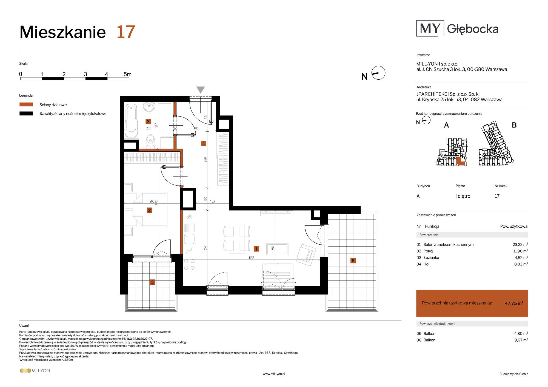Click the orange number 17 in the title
click(126, 32)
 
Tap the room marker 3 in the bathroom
click(148, 122)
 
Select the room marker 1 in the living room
click(256, 249)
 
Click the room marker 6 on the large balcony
click(353, 261)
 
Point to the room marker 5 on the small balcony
click(152, 282)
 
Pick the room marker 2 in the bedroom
click(149, 210)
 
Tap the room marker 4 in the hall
click(203, 143)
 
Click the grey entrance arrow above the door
click(201, 90)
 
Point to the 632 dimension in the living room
click(251, 258)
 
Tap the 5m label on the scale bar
click(127, 74)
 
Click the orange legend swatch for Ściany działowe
click(26, 105)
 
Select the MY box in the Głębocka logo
click(430, 28)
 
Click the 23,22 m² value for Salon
click(520, 244)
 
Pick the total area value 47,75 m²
click(514, 303)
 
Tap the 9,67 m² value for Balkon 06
click(521, 340)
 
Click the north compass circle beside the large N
click(378, 73)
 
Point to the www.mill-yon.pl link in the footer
click(274, 374)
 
